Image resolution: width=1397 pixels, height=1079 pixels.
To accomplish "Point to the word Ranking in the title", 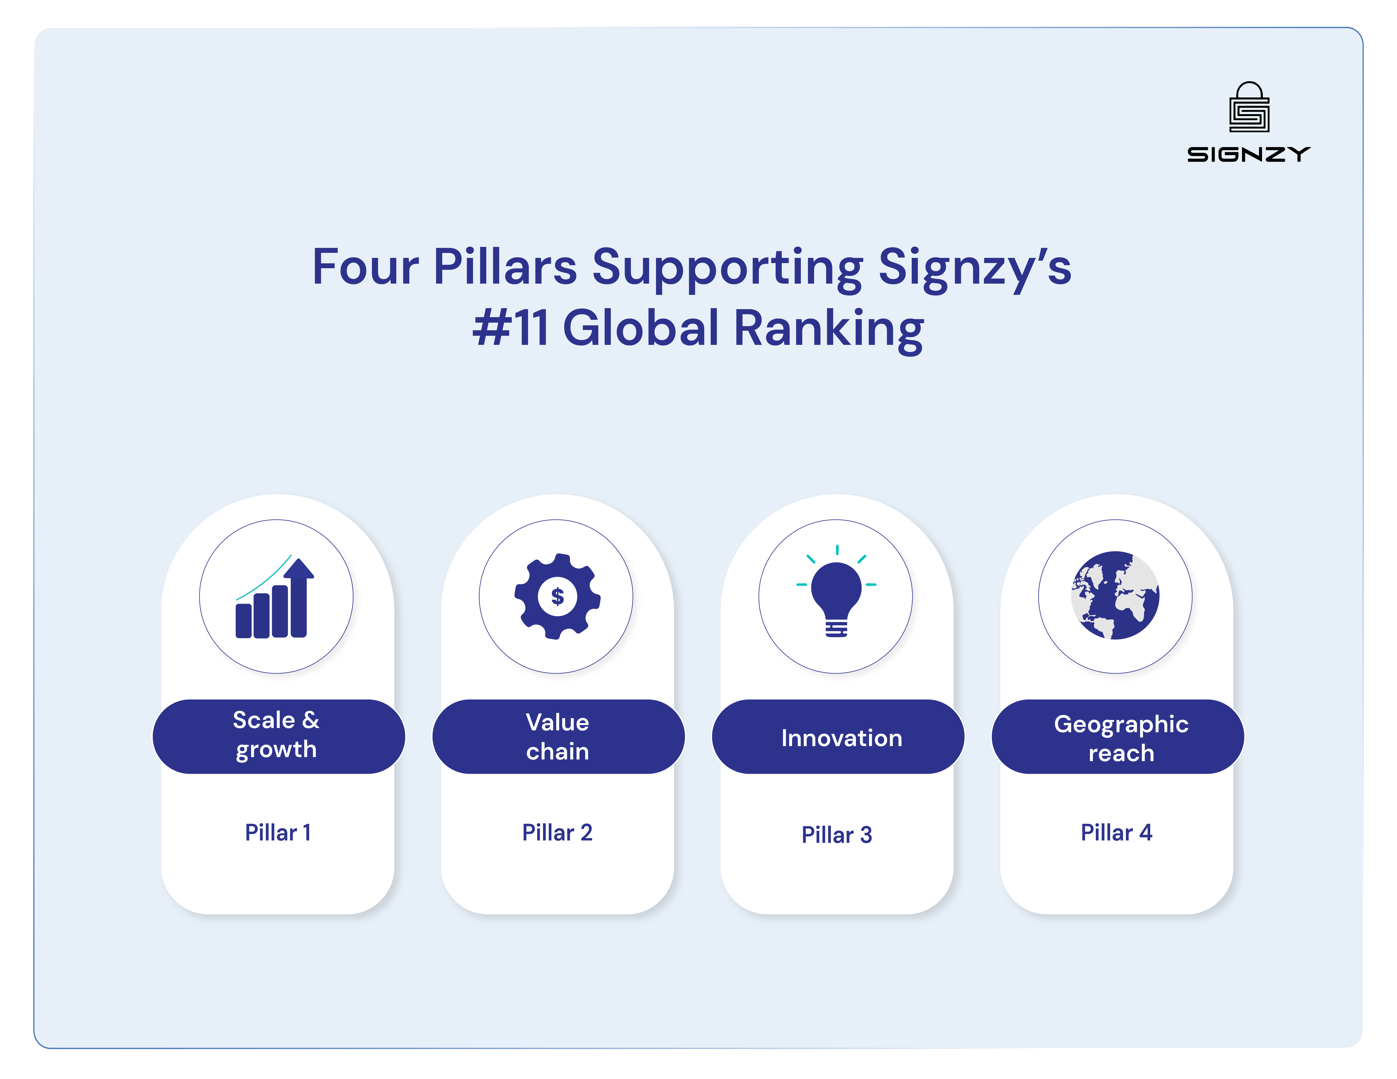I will pyautogui.click(x=828, y=328).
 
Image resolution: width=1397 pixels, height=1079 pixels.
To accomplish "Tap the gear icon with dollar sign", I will pyautogui.click(x=557, y=596).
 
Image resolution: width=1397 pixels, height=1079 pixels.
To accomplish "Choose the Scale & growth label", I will pyautogui.click(x=276, y=735).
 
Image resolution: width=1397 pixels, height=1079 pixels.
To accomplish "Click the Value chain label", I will pyautogui.click(x=557, y=737).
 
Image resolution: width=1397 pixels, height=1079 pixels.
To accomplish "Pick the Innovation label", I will pyautogui.click(x=841, y=738).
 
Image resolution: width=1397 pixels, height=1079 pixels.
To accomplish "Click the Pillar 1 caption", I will pyautogui.click(x=278, y=832).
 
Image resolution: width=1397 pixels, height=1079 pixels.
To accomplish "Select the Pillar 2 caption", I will pyautogui.click(x=557, y=832).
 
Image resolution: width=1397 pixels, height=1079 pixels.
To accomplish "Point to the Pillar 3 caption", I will pyautogui.click(x=837, y=835).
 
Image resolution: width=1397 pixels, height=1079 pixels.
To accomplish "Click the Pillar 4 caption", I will pyautogui.click(x=1116, y=832).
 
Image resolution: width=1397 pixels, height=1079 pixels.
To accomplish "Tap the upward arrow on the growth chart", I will pyautogui.click(x=299, y=569).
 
